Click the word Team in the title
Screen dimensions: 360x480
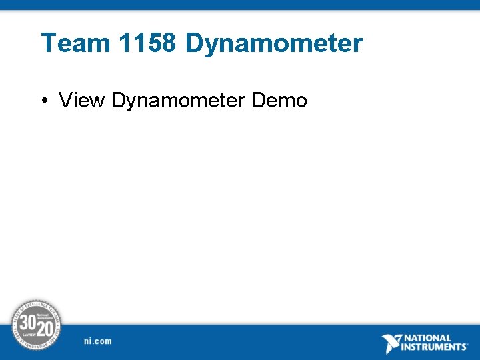[x=75, y=43]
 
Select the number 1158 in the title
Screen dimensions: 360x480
[x=147, y=43]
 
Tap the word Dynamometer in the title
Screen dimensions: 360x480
[x=274, y=43]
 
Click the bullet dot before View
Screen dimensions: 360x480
[x=43, y=101]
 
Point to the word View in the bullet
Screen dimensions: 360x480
[x=83, y=101]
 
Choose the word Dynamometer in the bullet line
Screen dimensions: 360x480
[x=179, y=101]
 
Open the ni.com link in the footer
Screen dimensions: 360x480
[x=98, y=341]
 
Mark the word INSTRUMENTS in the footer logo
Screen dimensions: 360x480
[x=434, y=347]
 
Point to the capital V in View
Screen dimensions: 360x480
[x=66, y=101]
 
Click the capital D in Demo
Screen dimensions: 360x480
[x=259, y=101]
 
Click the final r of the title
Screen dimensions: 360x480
[x=358, y=45]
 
